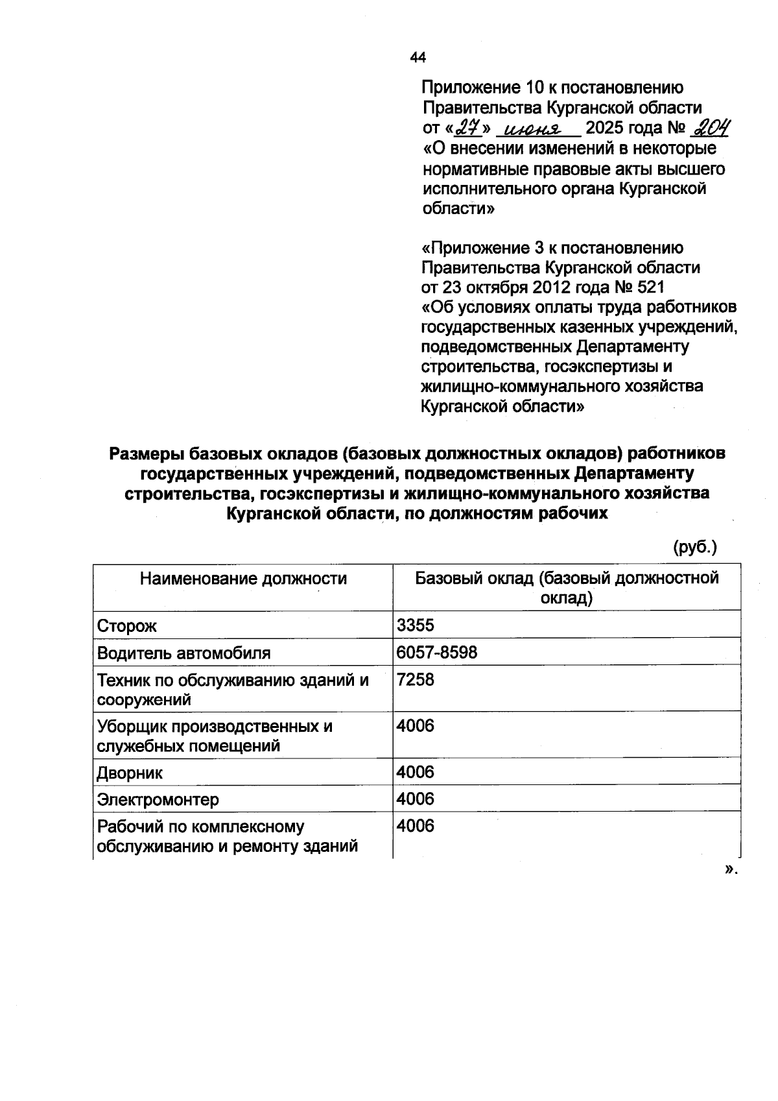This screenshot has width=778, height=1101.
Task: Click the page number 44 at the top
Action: [x=418, y=58]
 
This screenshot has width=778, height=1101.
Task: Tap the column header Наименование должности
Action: [x=243, y=578]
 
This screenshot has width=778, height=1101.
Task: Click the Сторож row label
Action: [x=127, y=626]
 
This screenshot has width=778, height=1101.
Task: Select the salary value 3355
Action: [x=415, y=625]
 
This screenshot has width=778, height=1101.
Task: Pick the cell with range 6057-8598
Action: [x=436, y=652]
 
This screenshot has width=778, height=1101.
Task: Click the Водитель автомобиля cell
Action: [x=183, y=653]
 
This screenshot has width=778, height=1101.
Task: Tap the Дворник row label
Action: [x=130, y=773]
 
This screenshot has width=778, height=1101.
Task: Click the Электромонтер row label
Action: [x=158, y=799]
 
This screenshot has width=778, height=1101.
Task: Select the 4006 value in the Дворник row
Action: [x=415, y=772]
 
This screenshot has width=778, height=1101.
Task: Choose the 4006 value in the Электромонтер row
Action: [x=415, y=799]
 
